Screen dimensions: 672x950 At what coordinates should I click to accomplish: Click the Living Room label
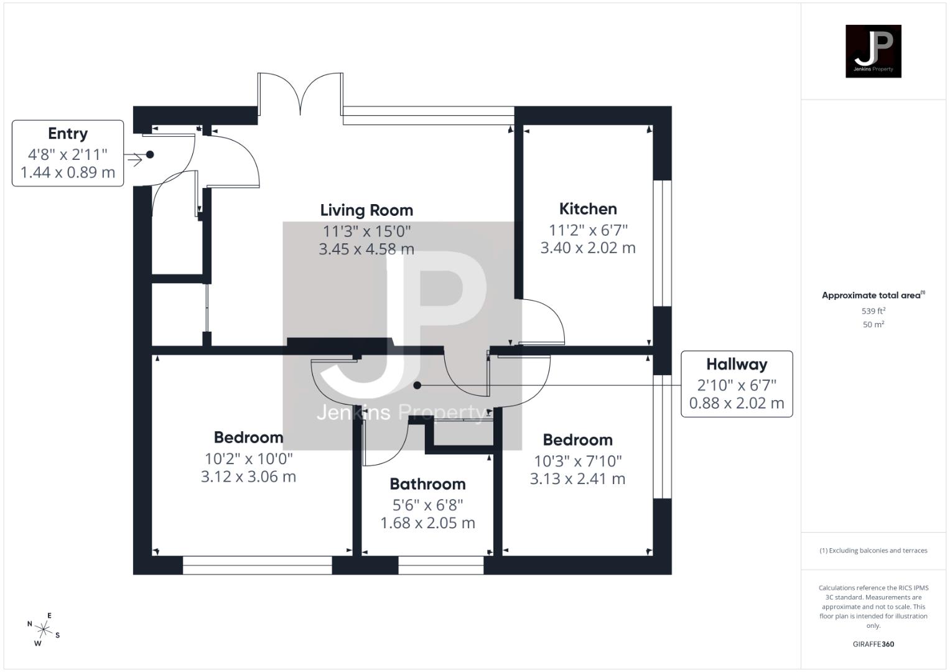[366, 210]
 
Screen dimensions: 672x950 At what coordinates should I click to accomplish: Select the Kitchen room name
[588, 209]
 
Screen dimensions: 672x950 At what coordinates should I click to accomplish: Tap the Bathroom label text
[427, 484]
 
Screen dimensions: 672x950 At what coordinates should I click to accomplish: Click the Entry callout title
[68, 134]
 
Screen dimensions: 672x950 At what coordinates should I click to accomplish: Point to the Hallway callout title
[737, 365]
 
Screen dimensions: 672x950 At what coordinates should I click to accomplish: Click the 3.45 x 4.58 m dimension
[366, 250]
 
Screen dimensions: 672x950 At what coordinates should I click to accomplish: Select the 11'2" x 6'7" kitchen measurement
[588, 230]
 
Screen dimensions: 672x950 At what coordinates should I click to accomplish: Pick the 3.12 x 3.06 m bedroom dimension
[248, 477]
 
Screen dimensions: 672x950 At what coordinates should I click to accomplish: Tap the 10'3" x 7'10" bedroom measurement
[578, 461]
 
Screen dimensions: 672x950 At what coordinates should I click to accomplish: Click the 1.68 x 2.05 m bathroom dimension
[427, 523]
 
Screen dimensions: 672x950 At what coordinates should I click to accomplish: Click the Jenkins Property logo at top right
[873, 51]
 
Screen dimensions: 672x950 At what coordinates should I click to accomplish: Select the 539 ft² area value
[873, 311]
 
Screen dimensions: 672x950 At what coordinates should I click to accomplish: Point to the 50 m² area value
[873, 324]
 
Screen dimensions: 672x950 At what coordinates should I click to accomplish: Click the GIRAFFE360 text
[873, 644]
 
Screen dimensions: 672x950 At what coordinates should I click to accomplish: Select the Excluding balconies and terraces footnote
[873, 551]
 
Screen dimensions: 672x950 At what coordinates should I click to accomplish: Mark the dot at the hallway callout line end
[417, 386]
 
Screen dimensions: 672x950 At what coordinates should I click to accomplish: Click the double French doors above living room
[300, 95]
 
